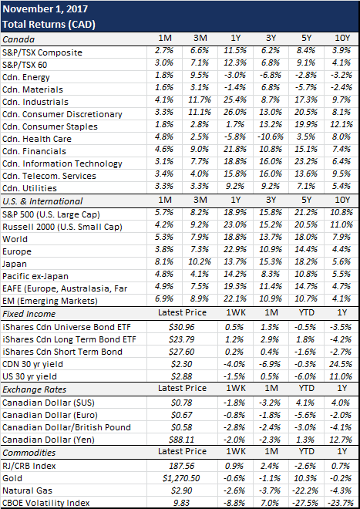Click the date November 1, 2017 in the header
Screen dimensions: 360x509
(x=45, y=8)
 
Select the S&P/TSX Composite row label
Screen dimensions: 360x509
(x=42, y=52)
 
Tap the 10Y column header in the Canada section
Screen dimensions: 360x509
(x=342, y=38)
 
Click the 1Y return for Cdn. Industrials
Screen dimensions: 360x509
(x=235, y=101)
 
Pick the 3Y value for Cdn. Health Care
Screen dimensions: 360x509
(x=271, y=138)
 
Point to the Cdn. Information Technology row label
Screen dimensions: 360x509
(x=62, y=163)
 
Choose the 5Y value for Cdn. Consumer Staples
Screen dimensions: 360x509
(x=305, y=126)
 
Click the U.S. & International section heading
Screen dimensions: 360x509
(x=42, y=201)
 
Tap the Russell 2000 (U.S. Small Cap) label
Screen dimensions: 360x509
(x=62, y=227)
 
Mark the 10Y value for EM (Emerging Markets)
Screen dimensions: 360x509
(x=342, y=298)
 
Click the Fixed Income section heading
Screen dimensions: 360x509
(x=29, y=314)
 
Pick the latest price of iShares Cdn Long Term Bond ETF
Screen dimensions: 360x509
(x=182, y=339)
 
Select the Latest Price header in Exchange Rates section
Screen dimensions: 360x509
(x=182, y=388)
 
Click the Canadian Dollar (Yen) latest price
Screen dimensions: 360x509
(x=182, y=440)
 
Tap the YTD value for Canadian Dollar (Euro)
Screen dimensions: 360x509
(x=305, y=415)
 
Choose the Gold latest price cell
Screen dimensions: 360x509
(x=182, y=478)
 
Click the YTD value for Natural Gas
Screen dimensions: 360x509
(x=304, y=490)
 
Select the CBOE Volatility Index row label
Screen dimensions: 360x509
(x=45, y=503)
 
